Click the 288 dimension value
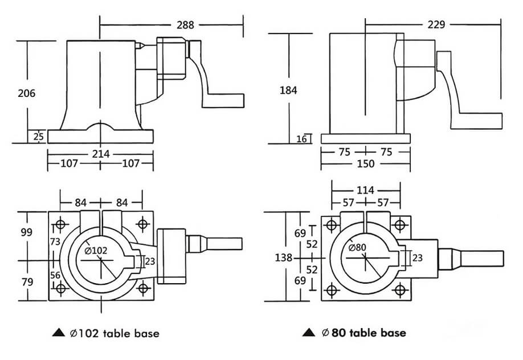coord(185,24)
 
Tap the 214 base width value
coord(100,154)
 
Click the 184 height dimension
coord(288,89)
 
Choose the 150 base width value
coord(365,163)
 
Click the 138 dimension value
coord(283,257)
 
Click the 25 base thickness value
coord(39,137)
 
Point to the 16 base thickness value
coord(302,138)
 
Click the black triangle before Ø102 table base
coord(58,333)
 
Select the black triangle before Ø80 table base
coord(308,333)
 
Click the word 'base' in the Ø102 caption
coord(146,333)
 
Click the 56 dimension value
coord(56,275)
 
